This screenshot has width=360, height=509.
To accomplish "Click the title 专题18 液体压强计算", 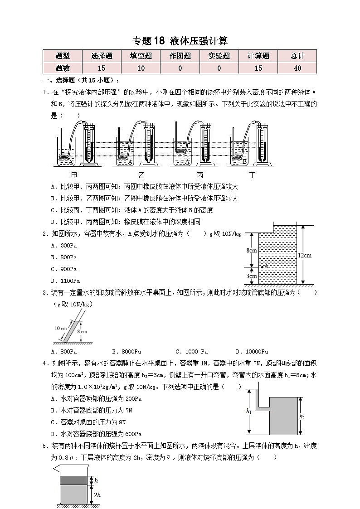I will [180, 41].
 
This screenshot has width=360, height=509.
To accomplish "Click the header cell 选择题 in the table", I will [102, 56].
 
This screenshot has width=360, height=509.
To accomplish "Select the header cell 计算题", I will [258, 56].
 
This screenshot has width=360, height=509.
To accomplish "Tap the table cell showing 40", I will [297, 68].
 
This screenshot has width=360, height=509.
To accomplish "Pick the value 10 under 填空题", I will [141, 68].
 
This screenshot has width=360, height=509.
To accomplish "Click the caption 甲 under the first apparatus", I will [74, 175].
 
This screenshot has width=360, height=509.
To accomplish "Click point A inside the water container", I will [263, 267].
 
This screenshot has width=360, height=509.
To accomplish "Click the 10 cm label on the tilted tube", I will [60, 328].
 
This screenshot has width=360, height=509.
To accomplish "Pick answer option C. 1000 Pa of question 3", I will [191, 351].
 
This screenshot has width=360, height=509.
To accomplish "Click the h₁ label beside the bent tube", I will [248, 411].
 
